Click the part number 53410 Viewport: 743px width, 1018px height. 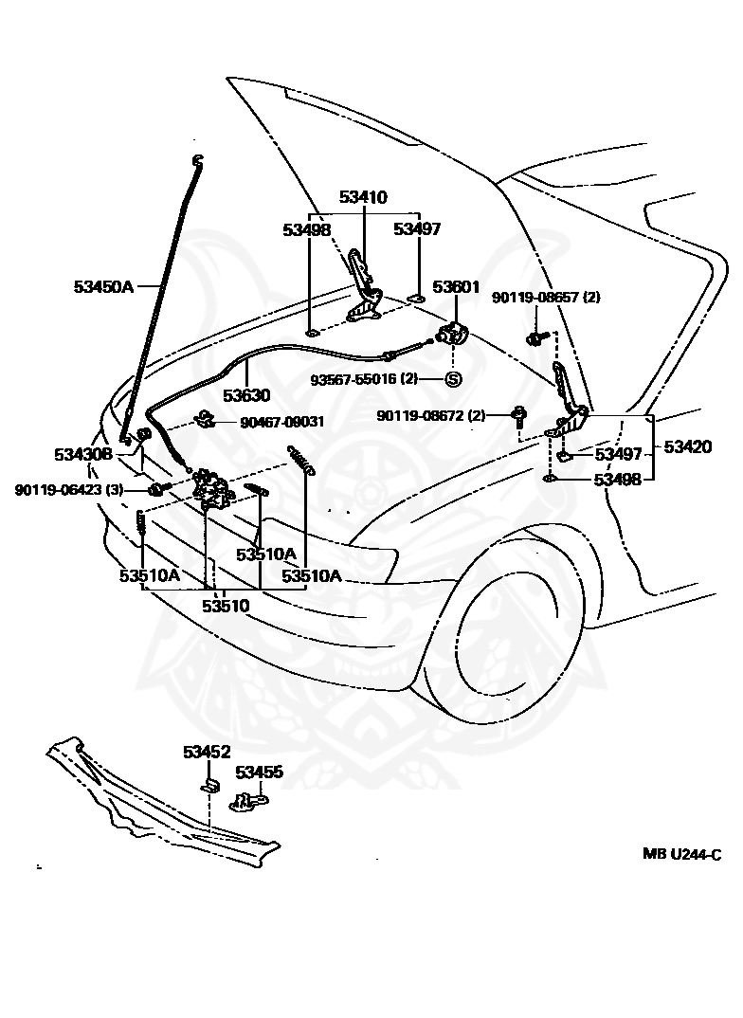(363, 197)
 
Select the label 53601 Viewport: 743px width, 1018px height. (457, 286)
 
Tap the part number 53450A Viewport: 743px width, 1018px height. (104, 285)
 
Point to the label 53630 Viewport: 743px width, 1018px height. (246, 395)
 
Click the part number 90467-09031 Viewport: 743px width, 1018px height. (281, 421)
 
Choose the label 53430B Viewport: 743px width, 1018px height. (82, 454)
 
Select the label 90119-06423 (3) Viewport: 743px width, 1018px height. (69, 489)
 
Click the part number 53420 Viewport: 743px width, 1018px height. (688, 446)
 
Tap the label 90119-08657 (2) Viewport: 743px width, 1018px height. (546, 297)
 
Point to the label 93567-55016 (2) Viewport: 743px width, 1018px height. (364, 379)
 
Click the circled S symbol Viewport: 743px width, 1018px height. (452, 379)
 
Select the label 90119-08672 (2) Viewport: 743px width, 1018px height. (430, 415)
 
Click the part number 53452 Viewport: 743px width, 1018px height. (207, 752)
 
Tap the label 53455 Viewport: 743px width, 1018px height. (259, 773)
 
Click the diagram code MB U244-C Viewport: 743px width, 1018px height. (682, 853)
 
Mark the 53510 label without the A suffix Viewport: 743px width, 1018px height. (226, 604)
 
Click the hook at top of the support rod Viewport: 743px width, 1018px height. (198, 160)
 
